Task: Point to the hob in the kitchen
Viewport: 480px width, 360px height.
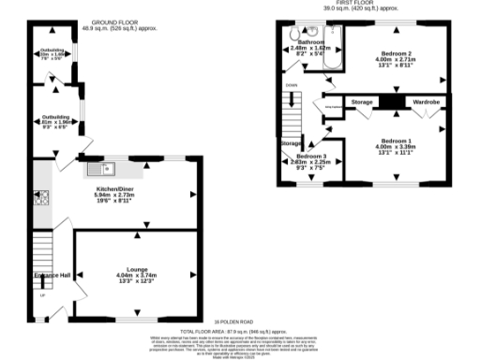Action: (x=41, y=198)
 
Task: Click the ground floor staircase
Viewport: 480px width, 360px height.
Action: (x=43, y=250)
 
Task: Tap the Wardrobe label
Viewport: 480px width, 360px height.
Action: (x=427, y=100)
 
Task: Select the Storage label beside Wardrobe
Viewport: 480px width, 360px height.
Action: (x=363, y=100)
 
